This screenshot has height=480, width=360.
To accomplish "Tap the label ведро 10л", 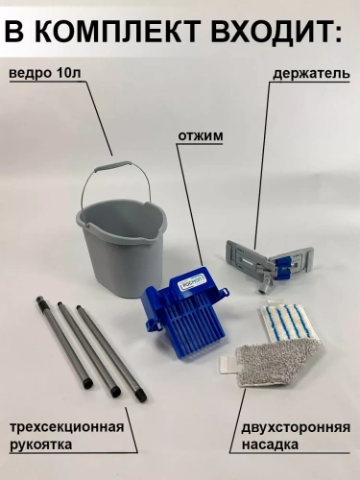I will coord(49,74).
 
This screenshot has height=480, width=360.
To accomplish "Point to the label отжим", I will coord(200,136).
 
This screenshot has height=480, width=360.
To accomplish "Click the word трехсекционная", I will coord(66,426).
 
